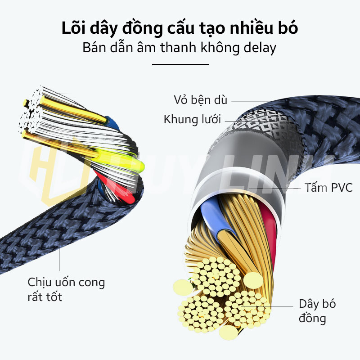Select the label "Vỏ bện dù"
tap(201, 99)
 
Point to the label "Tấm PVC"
tap(328, 187)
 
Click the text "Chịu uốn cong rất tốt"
tap(66, 289)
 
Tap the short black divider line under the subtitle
tap(180, 64)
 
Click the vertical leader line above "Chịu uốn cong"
tap(59, 256)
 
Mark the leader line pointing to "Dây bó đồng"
tap(270, 306)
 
